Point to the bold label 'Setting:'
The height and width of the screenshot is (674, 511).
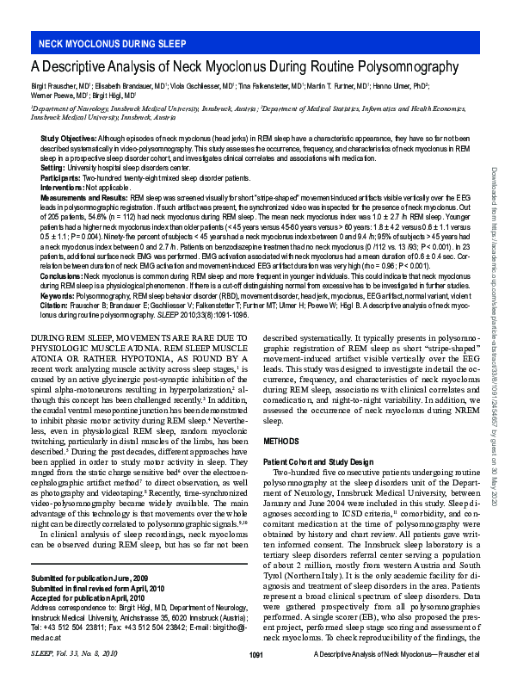click(x=53, y=167)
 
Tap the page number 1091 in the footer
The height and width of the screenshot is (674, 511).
click(x=255, y=656)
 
